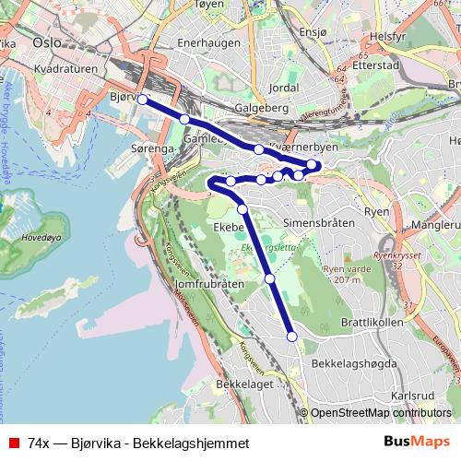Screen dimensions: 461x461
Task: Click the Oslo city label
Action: (45, 42)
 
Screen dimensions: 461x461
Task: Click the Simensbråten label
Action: (318, 223)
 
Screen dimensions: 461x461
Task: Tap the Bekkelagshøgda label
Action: (354, 364)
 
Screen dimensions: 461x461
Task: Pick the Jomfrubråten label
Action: (207, 285)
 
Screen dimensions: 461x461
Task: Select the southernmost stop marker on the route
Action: (292, 337)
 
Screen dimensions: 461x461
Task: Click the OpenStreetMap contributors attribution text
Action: (381, 413)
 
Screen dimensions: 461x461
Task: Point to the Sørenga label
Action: (152, 148)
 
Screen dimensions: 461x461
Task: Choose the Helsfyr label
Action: (387, 37)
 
